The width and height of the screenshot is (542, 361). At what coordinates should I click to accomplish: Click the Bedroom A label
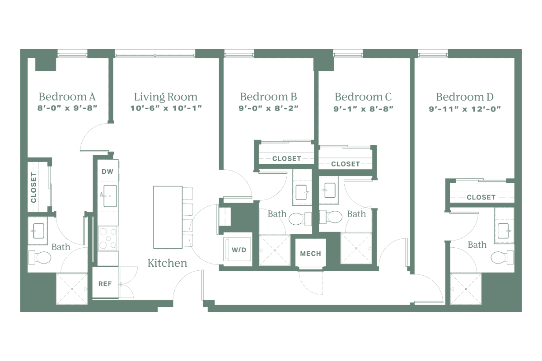(67, 97)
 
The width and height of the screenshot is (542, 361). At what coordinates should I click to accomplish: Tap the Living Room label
(166, 97)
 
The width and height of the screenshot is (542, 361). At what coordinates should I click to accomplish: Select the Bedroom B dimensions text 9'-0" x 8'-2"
(268, 108)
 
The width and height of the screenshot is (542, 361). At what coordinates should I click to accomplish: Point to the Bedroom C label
(363, 97)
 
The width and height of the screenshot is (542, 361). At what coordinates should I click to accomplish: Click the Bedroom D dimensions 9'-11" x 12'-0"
(465, 108)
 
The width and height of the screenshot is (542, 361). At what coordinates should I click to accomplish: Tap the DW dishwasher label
(107, 171)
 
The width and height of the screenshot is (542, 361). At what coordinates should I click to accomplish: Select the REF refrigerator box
(105, 284)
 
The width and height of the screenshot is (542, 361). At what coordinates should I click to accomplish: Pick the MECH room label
(310, 254)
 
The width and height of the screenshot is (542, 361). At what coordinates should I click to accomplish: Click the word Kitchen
(168, 263)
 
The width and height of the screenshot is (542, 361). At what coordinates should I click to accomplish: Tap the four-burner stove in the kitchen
(107, 238)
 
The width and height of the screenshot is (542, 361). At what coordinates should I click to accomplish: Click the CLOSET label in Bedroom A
(33, 186)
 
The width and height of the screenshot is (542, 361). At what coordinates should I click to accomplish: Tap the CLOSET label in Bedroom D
(481, 197)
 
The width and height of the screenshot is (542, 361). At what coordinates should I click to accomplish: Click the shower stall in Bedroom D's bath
(467, 289)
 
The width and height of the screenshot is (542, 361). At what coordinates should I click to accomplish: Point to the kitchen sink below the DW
(110, 195)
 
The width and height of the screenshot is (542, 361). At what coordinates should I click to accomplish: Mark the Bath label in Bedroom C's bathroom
(356, 213)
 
